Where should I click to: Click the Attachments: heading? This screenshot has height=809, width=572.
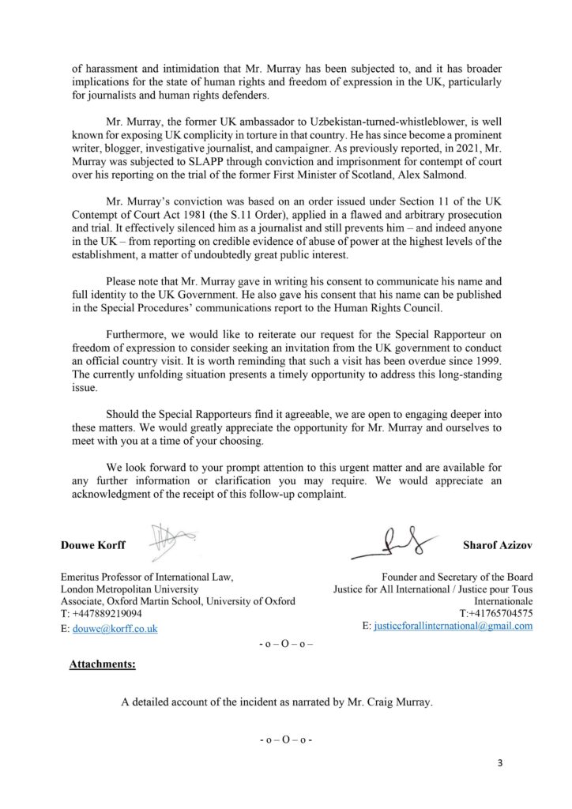pyautogui.click(x=103, y=665)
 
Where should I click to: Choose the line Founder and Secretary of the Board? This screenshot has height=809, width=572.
pyautogui.click(x=457, y=577)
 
